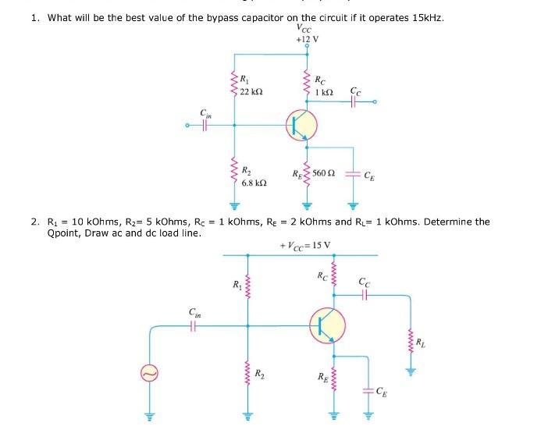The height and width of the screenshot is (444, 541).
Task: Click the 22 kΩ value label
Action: (x=251, y=92)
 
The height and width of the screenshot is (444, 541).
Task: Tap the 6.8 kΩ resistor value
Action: (x=254, y=183)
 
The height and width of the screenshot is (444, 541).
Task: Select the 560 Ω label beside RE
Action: (x=324, y=172)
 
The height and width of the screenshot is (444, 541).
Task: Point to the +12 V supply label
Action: (x=307, y=39)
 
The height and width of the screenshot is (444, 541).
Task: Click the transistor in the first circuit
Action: (x=301, y=125)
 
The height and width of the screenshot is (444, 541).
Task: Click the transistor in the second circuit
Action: (x=327, y=325)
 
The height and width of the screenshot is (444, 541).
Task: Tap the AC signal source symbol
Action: (x=149, y=373)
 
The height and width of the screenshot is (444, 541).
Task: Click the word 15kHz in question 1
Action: (x=428, y=18)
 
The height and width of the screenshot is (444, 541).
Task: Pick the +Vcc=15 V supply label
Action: (x=305, y=246)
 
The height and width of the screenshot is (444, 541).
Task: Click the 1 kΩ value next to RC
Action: (x=324, y=92)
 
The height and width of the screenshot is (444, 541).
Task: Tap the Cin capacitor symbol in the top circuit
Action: (x=205, y=126)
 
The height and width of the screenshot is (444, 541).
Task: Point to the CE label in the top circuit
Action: (x=369, y=176)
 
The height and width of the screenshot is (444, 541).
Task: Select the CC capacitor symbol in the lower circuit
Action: (x=365, y=295)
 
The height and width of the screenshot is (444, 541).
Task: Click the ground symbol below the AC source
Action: (x=149, y=417)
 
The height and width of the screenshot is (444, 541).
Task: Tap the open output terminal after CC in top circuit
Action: (x=375, y=101)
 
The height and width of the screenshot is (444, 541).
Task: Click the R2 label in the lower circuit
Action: (x=260, y=373)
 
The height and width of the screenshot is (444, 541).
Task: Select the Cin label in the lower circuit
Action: (x=195, y=313)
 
